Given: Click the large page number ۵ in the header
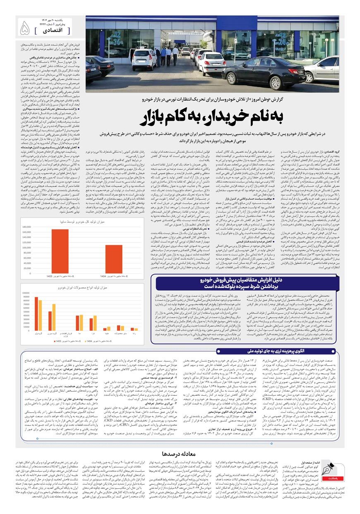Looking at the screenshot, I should click(24, 28).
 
